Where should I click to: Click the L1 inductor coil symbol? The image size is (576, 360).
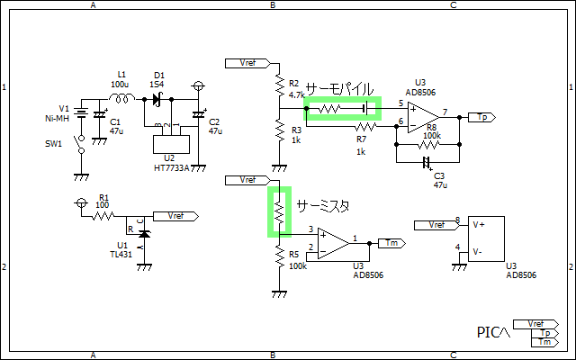(124, 97)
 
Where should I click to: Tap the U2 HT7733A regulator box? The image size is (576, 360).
(169, 143)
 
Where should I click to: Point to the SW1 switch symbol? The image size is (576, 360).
(79, 143)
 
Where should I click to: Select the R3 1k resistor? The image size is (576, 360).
(279, 133)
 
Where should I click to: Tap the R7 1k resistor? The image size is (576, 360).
(361, 127)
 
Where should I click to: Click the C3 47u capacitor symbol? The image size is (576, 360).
(427, 163)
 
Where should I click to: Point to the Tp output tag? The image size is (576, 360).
(481, 117)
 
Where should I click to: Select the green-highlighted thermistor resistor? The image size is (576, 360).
(279, 211)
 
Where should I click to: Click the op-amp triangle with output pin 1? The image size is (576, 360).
(334, 240)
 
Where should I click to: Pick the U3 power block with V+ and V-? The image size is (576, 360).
(486, 239)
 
